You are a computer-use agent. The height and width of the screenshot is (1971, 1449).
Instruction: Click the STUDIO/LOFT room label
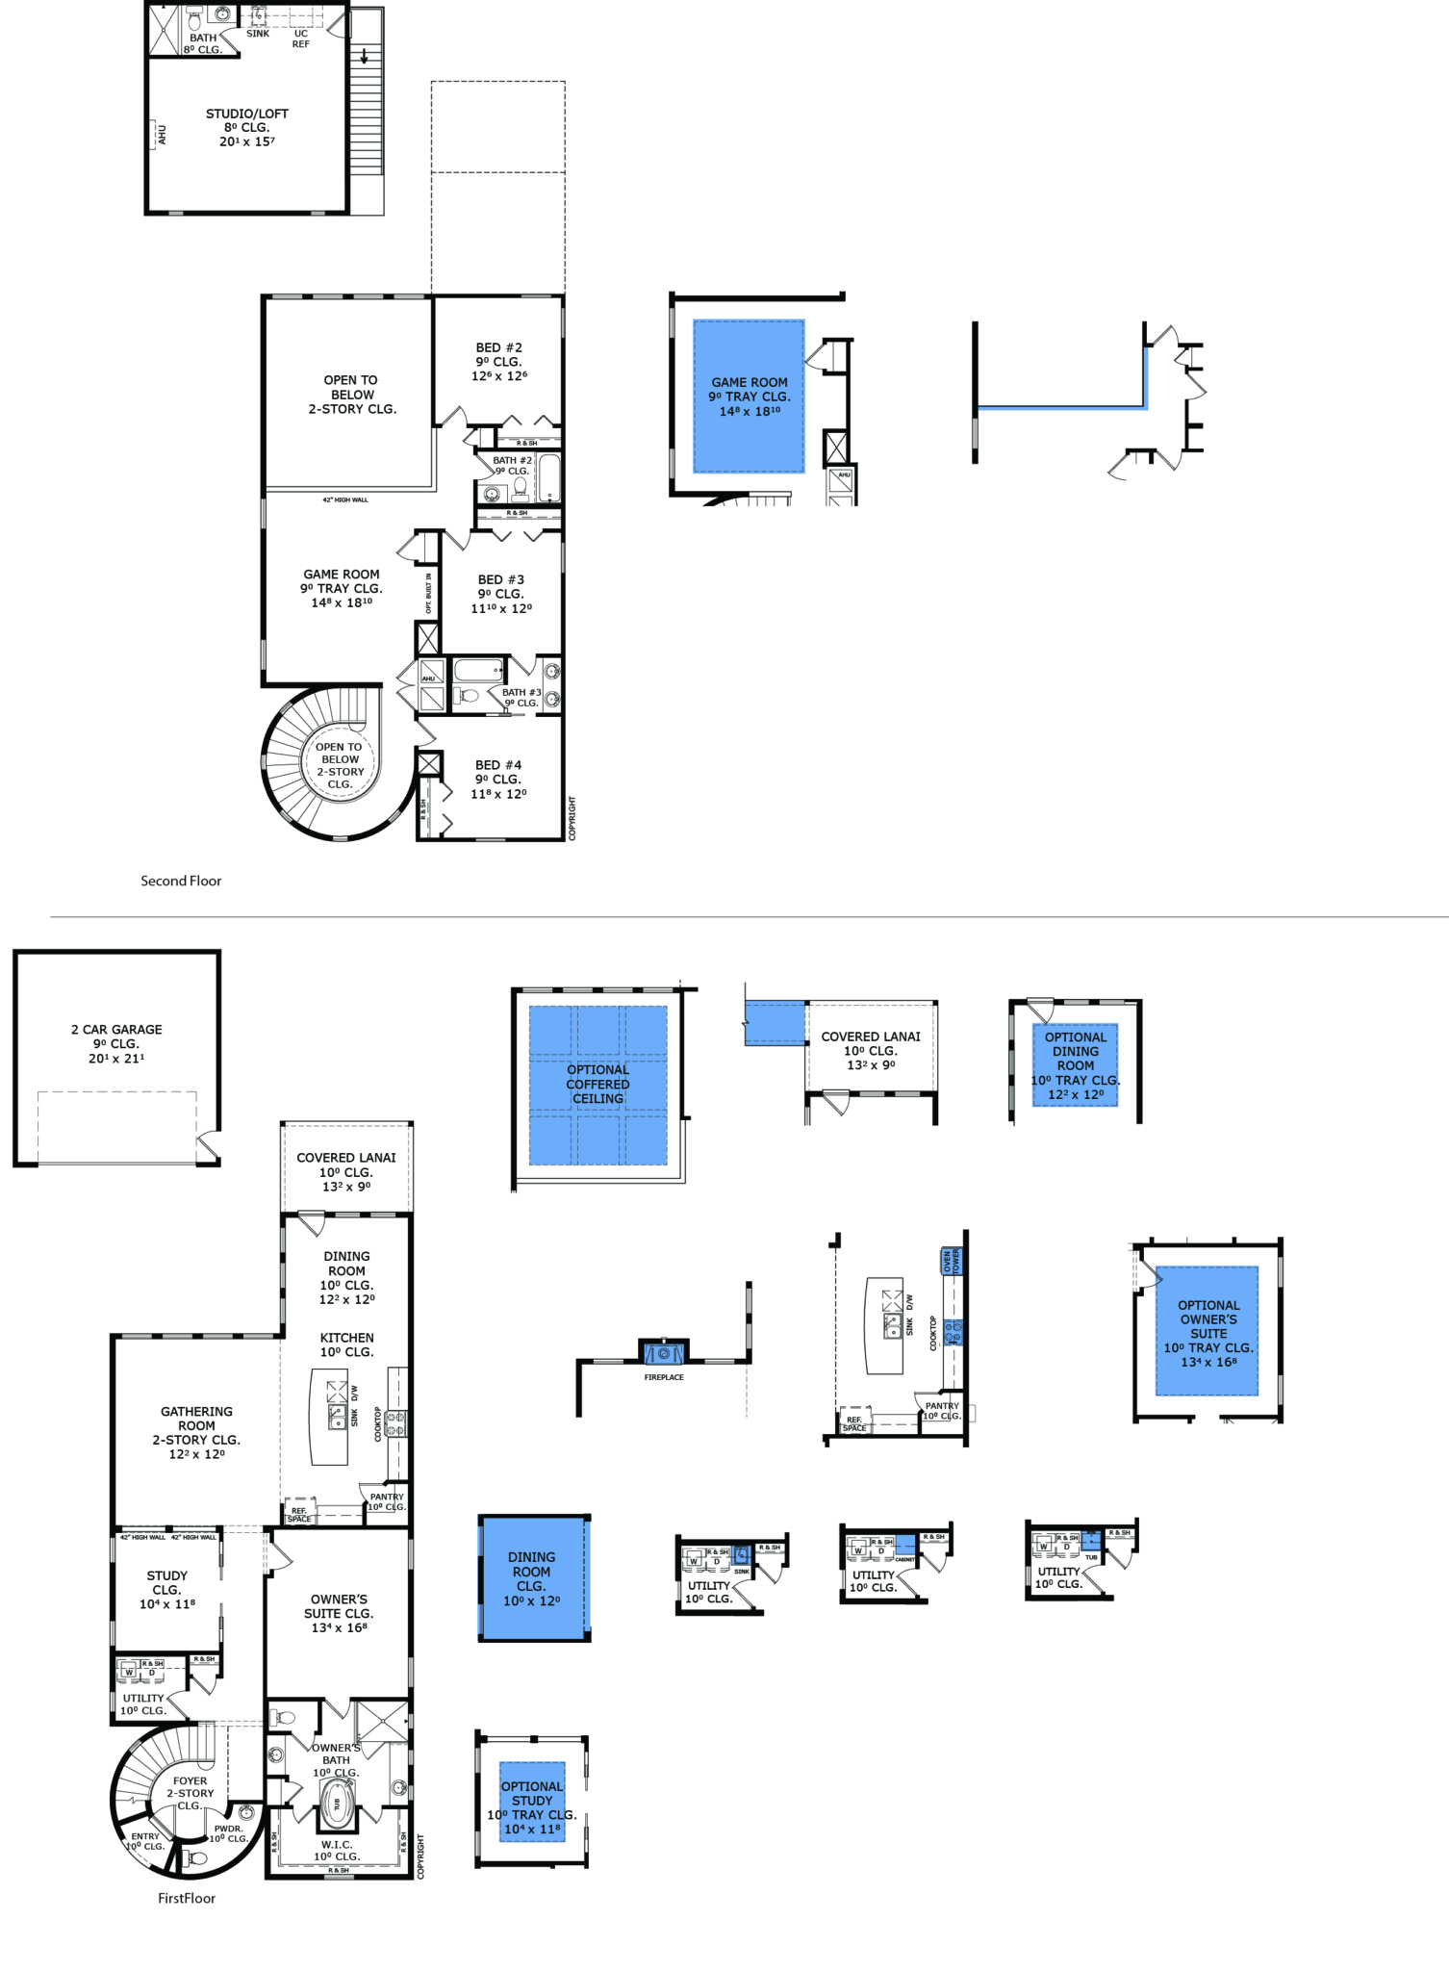[246, 115]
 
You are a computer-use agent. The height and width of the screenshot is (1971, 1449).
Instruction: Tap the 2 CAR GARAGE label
[116, 1030]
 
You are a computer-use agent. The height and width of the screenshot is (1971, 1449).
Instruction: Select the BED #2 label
[498, 347]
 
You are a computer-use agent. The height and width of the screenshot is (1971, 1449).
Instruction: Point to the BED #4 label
[498, 765]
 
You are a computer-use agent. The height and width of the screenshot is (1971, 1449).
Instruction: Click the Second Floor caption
[181, 881]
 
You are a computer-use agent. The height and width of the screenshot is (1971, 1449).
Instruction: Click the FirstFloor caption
[187, 1898]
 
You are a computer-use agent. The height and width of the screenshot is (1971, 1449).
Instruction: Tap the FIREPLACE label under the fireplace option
[664, 1377]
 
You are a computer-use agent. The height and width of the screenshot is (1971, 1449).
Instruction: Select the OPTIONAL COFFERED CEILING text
[597, 1085]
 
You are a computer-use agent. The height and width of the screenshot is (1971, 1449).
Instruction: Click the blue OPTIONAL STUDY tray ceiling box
[532, 1802]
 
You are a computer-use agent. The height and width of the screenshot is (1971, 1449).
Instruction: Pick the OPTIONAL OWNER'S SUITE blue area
[1207, 1332]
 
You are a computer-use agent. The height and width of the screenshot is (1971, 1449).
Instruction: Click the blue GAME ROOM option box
[749, 397]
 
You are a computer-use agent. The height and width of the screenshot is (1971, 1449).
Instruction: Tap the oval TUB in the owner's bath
[337, 1804]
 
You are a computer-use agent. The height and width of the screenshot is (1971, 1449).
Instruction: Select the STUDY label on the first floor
[167, 1575]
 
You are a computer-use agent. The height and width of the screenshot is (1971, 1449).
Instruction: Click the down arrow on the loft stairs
[365, 56]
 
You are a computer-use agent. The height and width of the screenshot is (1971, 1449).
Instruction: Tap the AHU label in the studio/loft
[162, 135]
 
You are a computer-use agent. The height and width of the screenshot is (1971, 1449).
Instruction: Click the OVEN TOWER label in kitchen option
[951, 1261]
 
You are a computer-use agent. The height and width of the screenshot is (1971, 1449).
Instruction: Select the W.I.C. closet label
[336, 1845]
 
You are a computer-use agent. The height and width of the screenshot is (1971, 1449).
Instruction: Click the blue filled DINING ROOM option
[532, 1578]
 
